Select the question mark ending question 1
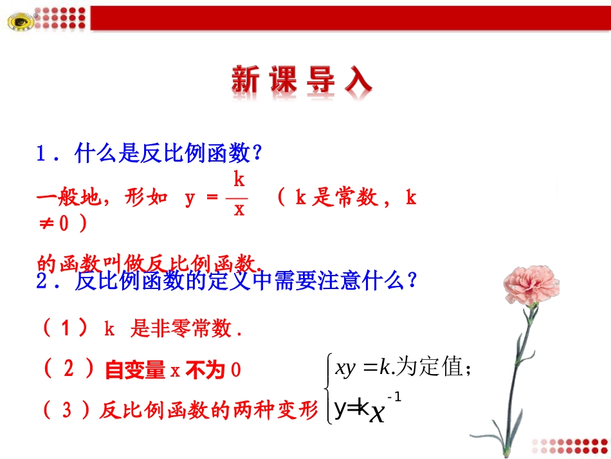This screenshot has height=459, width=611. [257, 154]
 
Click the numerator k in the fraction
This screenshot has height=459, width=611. [238, 178]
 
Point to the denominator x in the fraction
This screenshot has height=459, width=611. [239, 210]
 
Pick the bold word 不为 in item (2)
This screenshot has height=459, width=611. [205, 370]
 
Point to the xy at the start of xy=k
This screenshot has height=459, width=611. [341, 368]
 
